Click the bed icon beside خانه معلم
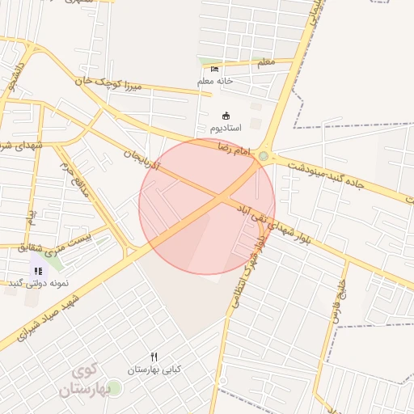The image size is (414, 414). (x=214, y=69)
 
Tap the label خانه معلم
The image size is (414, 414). (x=214, y=82)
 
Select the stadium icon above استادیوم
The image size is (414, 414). (x=225, y=116)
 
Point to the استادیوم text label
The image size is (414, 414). (x=226, y=129)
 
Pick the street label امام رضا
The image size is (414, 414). (x=235, y=148)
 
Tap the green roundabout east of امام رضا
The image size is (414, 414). (x=263, y=155)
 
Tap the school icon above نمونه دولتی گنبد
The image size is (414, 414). (x=38, y=271)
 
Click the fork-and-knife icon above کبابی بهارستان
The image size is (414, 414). (x=154, y=357)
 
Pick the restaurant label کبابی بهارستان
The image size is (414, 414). (x=154, y=370)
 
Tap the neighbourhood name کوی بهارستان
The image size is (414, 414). (x=82, y=381)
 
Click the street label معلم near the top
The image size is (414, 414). (x=264, y=61)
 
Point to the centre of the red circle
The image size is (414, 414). (x=207, y=207)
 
